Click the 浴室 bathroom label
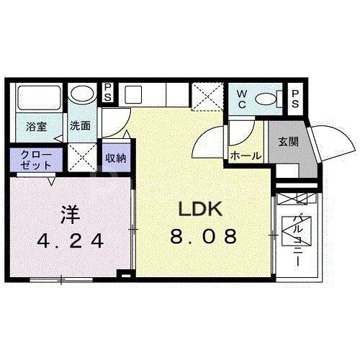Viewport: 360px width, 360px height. click(36, 126)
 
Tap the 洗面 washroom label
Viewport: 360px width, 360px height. click(80, 125)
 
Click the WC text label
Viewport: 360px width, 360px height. click(242, 99)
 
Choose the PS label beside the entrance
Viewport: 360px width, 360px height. click(296, 99)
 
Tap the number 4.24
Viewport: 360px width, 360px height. click(71, 240)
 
